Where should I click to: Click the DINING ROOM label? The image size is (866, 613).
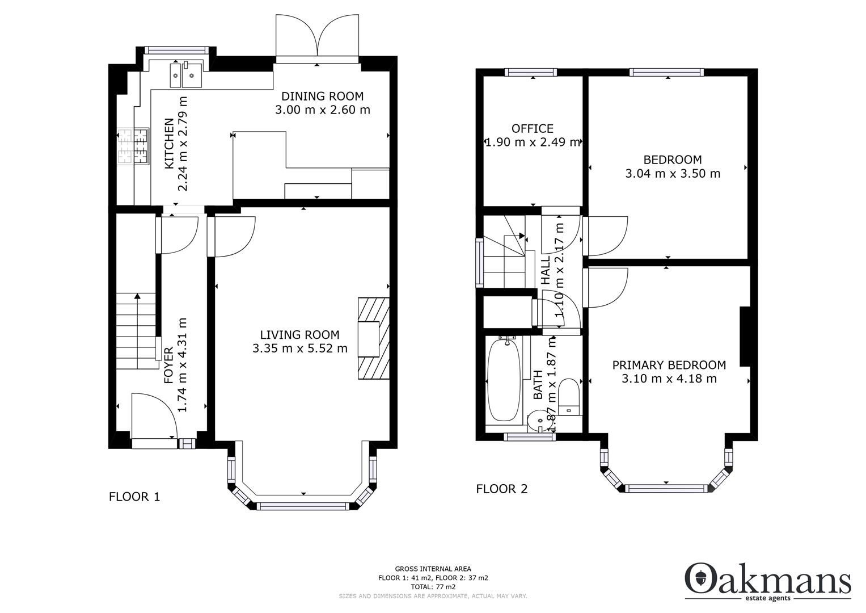[x=322, y=96]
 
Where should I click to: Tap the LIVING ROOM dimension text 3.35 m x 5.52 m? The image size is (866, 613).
[x=299, y=349]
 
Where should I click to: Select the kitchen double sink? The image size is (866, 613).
[x=185, y=74]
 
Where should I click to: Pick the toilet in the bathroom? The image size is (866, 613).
[x=568, y=397]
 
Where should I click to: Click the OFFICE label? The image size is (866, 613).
[x=532, y=128]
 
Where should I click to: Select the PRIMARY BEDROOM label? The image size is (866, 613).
[x=669, y=365]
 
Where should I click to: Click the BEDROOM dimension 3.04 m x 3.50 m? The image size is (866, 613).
[x=673, y=174]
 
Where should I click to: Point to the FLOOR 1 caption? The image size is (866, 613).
[x=134, y=497]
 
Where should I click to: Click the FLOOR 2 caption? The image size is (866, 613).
[x=501, y=489]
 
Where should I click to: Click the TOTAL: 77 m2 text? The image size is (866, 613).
[x=433, y=586]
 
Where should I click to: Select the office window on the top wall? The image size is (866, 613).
[x=531, y=72]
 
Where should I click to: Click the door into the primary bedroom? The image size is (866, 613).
[x=607, y=287]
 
